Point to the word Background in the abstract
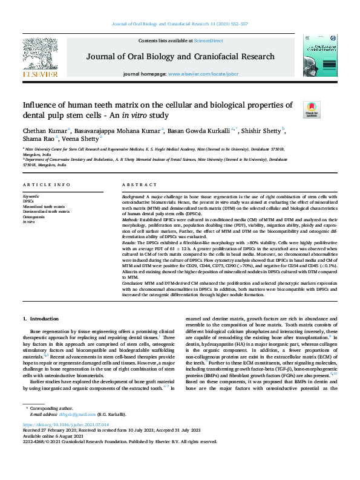(133, 197)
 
